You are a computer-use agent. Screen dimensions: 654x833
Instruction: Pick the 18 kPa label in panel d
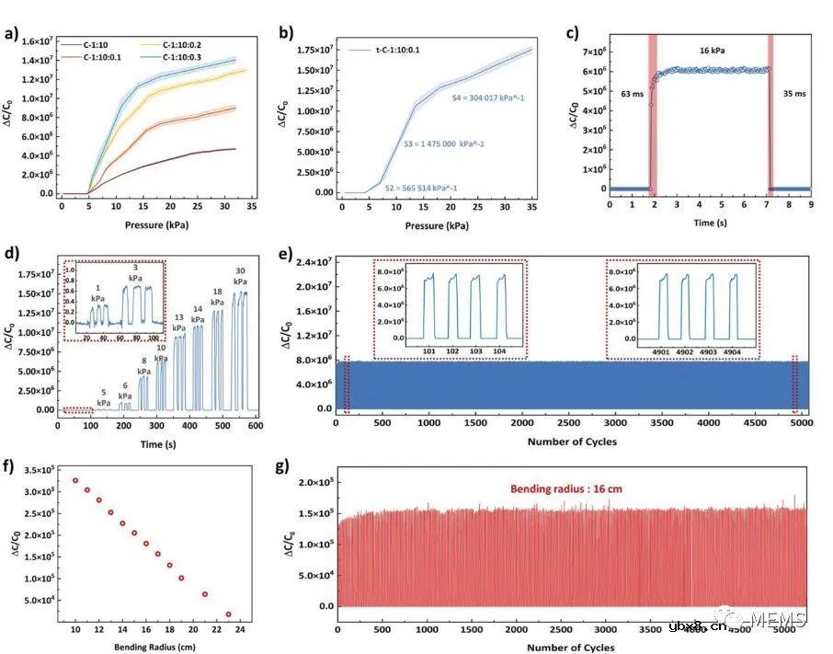click(x=218, y=296)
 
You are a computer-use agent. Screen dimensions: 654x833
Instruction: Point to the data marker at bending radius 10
click(x=75, y=480)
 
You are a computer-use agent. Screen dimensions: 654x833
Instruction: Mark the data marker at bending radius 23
click(x=228, y=614)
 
